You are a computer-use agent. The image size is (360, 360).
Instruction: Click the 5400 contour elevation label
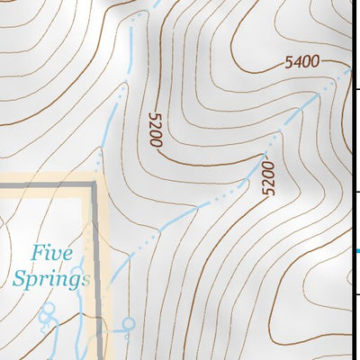click(x=302, y=62)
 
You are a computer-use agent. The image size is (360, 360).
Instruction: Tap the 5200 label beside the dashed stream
click(x=265, y=179)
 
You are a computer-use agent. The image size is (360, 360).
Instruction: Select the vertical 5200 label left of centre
click(x=155, y=130)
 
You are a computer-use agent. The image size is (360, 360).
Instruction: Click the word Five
click(x=49, y=254)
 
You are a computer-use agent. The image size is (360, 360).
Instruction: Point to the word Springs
click(x=52, y=278)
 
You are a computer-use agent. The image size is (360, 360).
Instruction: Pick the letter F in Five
click(x=37, y=254)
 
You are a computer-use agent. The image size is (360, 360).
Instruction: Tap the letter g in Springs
click(x=75, y=281)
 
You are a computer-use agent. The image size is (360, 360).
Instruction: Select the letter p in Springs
click(x=35, y=281)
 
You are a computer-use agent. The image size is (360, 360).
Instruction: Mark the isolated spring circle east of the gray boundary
click(x=129, y=322)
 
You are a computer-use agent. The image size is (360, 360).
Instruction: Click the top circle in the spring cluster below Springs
click(x=49, y=308)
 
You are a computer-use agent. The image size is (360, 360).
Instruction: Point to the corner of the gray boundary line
click(x=94, y=185)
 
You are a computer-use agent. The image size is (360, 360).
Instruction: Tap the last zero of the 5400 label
click(x=316, y=60)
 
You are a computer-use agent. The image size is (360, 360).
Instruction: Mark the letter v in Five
click(x=56, y=255)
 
